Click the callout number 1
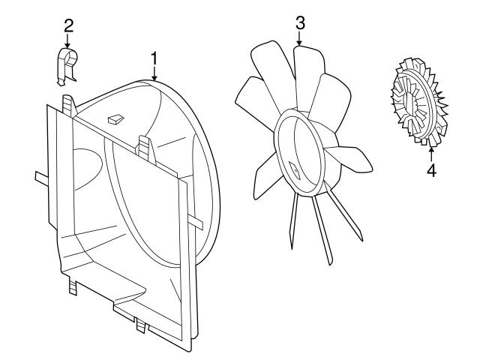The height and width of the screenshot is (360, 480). click(x=154, y=58)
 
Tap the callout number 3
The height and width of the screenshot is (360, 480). click(x=299, y=22)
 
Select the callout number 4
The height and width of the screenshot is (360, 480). click(x=431, y=169)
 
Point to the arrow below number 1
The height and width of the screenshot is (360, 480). click(x=154, y=73)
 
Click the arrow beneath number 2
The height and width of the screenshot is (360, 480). click(x=68, y=42)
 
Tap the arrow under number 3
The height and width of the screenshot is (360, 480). click(x=299, y=39)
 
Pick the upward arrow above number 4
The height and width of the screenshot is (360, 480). click(x=431, y=152)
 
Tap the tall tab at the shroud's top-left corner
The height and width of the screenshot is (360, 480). click(x=69, y=104)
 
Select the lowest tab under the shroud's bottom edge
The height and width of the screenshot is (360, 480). click(x=141, y=325)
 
